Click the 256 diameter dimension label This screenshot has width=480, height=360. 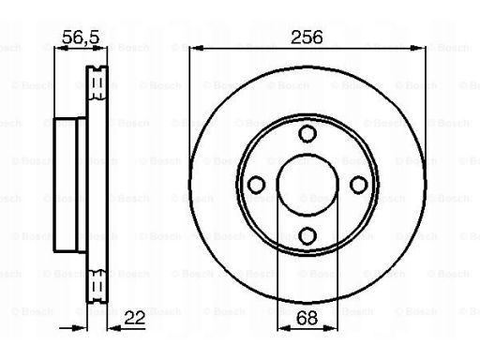coord(307,37)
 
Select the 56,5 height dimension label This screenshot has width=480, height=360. coord(81,37)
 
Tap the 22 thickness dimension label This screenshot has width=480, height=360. coord(135,318)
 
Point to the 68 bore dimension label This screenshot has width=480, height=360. coord(307,318)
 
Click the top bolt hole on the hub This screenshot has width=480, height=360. coord(307,133)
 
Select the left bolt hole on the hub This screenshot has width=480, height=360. coord(256,185)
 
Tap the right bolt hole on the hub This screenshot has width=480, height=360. coord(359,185)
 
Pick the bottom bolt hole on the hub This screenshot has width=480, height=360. coord(307,235)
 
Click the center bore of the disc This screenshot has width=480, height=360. coord(307,185)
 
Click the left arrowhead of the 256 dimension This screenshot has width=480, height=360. coord(197,48)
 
